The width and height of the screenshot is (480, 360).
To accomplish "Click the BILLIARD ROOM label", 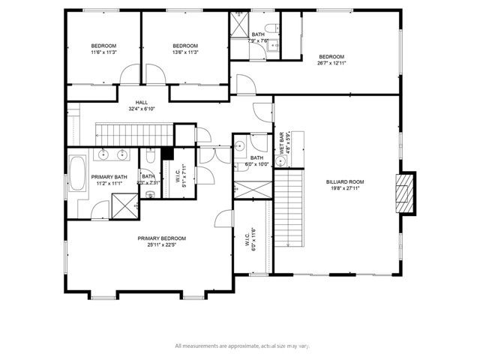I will pyautogui.click(x=344, y=181).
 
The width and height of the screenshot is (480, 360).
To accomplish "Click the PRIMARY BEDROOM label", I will pyautogui.click(x=161, y=238).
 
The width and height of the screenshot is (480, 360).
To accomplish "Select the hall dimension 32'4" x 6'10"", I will pyautogui.click(x=141, y=109).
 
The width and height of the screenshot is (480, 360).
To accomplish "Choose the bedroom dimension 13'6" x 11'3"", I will pyautogui.click(x=184, y=52).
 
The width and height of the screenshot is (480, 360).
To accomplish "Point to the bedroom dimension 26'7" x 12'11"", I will pyautogui.click(x=331, y=64).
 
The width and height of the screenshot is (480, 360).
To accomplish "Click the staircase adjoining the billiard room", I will pyautogui.click(x=287, y=210).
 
